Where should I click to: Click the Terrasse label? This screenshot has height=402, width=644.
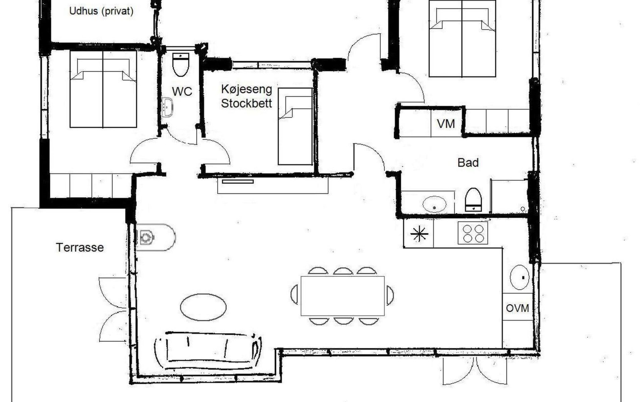(80, 248)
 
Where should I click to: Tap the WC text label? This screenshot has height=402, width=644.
(182, 91)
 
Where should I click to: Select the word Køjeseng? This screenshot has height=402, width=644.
(247, 89)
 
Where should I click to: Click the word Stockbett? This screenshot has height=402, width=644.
(247, 103)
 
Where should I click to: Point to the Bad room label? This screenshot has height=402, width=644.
(468, 163)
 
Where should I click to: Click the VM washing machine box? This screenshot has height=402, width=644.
(446, 123)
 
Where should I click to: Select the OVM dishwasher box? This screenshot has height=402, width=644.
(518, 307)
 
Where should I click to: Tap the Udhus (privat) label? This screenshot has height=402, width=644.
(101, 11)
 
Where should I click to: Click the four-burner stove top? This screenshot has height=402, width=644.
(473, 233)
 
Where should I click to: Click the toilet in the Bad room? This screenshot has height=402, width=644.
(473, 200)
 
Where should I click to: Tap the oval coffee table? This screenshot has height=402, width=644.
(203, 307)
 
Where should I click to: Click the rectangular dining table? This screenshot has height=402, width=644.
(342, 296)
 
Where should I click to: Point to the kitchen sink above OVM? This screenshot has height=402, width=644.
(520, 277)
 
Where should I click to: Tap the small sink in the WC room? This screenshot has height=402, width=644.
(167, 107)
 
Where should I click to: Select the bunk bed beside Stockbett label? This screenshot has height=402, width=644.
(295, 126)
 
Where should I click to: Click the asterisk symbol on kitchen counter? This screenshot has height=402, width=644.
(419, 233)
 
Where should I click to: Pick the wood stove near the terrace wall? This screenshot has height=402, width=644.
(155, 237)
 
